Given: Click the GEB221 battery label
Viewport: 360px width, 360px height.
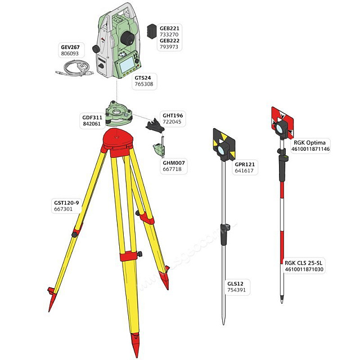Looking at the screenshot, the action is pos(169,29).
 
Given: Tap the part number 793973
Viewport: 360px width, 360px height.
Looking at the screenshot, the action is pos(169,47).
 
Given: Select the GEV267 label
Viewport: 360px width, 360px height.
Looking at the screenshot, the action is pos(70,47).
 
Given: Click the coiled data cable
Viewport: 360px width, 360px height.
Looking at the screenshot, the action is pos(75,69).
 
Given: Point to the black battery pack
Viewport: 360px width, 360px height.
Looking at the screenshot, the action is pos(152,31).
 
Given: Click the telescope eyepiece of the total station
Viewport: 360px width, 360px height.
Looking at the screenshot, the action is pos(127,38).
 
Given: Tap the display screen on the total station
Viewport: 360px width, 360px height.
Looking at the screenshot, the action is pos(127,64).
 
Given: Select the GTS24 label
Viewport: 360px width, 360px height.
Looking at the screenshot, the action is pos(142,78).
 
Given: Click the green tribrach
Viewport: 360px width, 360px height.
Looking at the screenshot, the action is pos(119,114).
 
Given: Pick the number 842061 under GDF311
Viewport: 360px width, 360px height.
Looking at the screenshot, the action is pos(92,124).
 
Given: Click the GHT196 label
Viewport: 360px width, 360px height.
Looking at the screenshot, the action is pos(173,115).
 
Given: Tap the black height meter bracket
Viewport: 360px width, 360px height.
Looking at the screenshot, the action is pos(155,126).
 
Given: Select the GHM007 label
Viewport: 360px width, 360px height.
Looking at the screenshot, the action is pos(174,163).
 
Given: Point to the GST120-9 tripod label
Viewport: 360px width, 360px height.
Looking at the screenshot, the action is pos(66,203).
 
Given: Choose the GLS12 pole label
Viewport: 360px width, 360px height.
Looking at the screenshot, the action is pos(235,283).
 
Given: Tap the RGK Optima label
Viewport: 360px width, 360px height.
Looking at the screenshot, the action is pos(309,142).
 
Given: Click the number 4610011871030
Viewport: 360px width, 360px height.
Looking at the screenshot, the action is pos(304,269).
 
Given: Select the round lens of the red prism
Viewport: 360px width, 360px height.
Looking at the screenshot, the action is pos(281,128).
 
